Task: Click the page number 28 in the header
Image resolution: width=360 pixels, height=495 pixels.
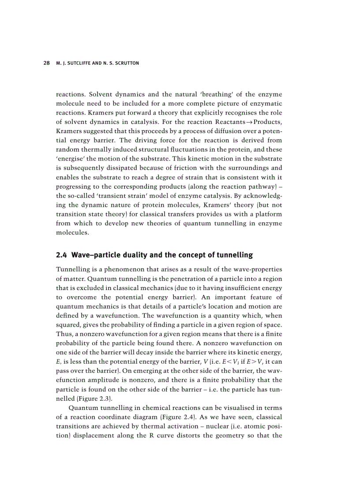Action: (x=46, y=63)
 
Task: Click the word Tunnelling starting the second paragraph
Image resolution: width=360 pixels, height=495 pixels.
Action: (x=72, y=269)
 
